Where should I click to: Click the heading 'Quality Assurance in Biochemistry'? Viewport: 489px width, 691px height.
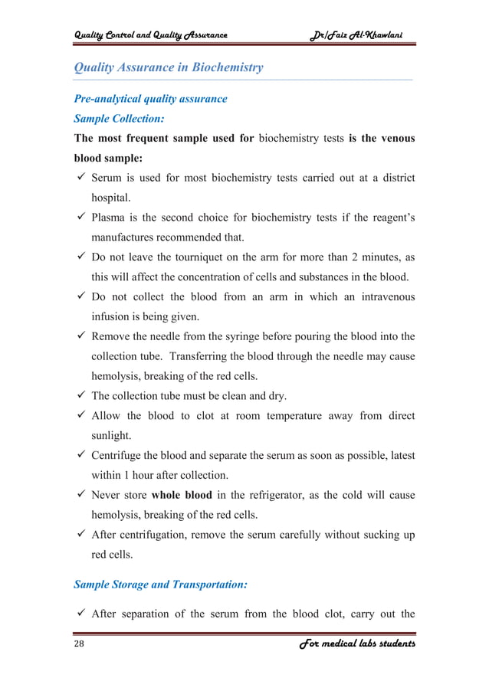(x=168, y=67)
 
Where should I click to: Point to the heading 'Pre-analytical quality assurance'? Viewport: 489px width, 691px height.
(x=150, y=99)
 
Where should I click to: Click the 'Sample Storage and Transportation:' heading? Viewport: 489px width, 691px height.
(x=160, y=585)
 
